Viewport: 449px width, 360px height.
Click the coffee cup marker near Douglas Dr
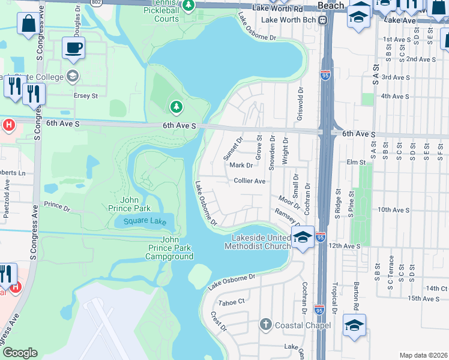click(73, 48)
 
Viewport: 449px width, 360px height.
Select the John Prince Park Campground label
click(169, 248)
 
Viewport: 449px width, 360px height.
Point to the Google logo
click(20, 353)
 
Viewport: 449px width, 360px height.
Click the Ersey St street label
click(85, 95)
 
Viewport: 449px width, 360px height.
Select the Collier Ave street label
click(250, 181)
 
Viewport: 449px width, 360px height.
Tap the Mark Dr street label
click(241, 165)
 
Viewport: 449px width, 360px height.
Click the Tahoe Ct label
click(232, 302)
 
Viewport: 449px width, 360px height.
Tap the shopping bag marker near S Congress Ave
click(28, 25)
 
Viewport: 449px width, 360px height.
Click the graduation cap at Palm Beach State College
click(73, 76)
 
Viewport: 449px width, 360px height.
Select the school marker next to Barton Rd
click(354, 325)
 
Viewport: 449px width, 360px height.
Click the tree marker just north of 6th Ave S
click(176, 107)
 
